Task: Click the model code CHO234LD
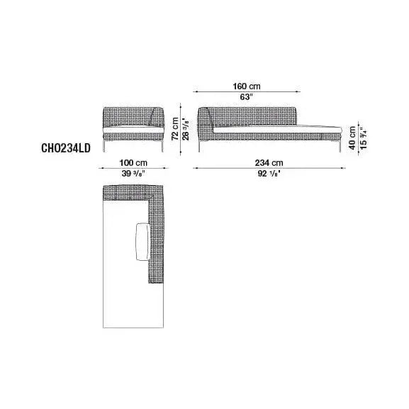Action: click(x=66, y=148)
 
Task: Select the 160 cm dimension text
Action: click(x=247, y=86)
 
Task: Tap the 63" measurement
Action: click(x=247, y=97)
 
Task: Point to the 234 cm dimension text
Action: click(x=269, y=163)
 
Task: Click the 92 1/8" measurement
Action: click(x=269, y=173)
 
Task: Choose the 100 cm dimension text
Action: click(x=133, y=163)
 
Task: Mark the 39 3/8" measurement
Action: click(x=133, y=173)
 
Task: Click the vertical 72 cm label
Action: click(x=175, y=128)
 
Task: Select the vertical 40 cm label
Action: click(x=352, y=138)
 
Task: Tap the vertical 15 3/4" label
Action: click(x=364, y=138)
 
